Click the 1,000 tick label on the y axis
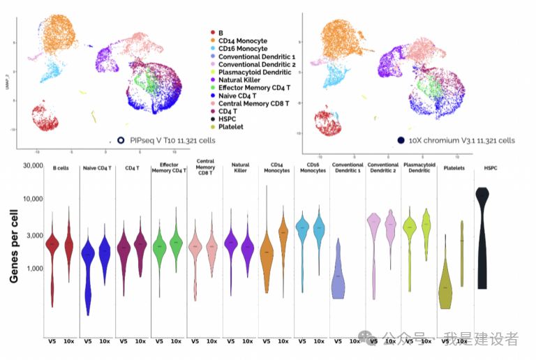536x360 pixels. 31,268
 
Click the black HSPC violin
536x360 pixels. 482,237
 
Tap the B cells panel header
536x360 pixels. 62,167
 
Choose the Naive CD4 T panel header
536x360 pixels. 98,168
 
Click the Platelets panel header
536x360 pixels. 455,168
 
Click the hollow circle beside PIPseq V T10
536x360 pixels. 121,140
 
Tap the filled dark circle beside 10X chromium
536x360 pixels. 401,140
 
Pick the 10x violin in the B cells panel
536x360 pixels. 70,241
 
